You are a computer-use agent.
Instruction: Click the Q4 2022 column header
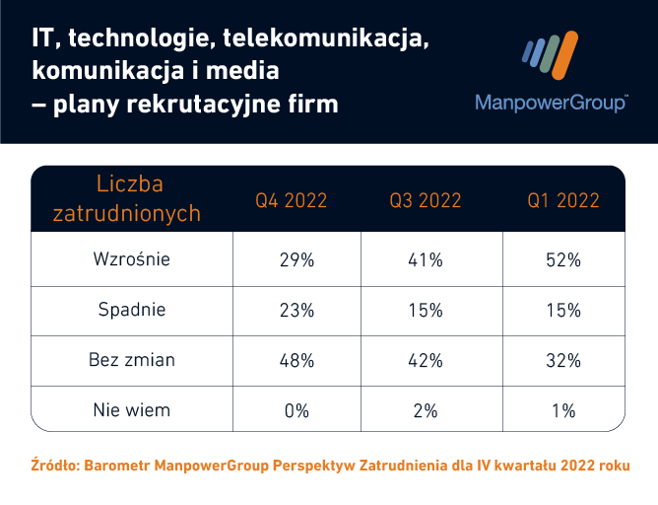(x=292, y=200)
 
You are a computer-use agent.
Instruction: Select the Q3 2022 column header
(x=426, y=200)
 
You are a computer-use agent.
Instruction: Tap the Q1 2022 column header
(x=563, y=200)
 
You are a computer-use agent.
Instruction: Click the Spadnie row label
(x=132, y=310)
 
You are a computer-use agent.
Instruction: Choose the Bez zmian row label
(x=132, y=360)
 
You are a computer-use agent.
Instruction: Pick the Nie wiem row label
(x=132, y=410)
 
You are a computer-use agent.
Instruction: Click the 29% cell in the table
(x=296, y=260)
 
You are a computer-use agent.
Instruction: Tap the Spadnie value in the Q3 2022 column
(x=427, y=311)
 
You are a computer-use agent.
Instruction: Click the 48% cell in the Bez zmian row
(x=296, y=361)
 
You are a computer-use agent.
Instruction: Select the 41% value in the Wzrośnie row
(x=427, y=260)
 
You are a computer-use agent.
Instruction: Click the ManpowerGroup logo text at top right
(x=552, y=103)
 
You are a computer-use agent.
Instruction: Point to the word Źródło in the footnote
(x=57, y=465)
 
